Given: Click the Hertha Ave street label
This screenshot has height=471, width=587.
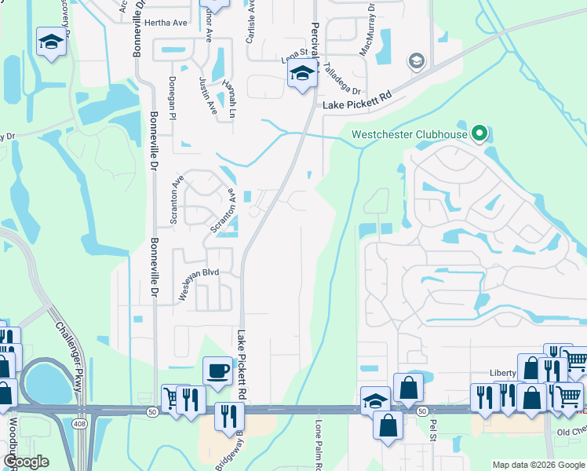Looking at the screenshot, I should pos(166,23).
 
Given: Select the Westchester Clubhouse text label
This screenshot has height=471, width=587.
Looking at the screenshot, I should pos(410,134).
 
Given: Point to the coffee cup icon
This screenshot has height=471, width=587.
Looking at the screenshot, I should pos(217,370).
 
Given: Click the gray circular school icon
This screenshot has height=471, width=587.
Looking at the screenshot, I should pos(416,61).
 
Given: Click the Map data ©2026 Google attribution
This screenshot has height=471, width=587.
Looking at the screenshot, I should pos(538,465).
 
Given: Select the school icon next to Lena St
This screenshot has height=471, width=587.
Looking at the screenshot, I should pos(301,75).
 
